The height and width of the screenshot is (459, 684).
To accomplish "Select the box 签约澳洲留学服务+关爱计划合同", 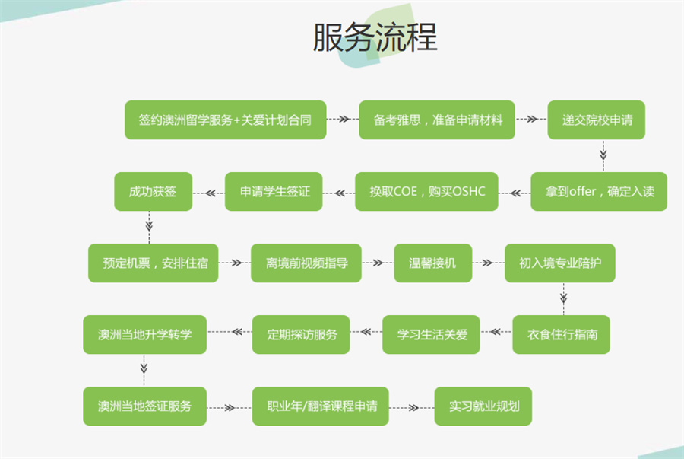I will click(x=225, y=120).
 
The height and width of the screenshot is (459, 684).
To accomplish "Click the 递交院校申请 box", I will click(x=597, y=120).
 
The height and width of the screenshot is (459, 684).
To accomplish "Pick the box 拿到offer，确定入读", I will click(x=599, y=191).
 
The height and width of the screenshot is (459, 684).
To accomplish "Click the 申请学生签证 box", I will click(x=274, y=191).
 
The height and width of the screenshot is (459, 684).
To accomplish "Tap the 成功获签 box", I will click(x=152, y=191).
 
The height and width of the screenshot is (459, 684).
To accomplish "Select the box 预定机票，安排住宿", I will click(x=154, y=263).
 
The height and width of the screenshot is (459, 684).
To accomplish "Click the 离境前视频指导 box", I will click(x=306, y=263).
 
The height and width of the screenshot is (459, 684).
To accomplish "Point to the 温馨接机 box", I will click(x=432, y=263).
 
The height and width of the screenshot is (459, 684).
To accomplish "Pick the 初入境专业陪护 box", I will click(x=560, y=263).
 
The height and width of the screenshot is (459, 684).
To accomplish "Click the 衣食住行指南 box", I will click(x=561, y=334).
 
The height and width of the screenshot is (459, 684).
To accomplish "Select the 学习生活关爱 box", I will click(x=431, y=334).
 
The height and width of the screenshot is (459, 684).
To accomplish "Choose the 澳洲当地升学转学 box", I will click(x=144, y=334).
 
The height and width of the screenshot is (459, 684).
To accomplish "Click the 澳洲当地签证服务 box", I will click(x=144, y=406).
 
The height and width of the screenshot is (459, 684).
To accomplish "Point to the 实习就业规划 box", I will click(x=483, y=406).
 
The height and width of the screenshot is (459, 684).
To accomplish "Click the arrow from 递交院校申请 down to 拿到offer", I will click(x=603, y=156).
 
